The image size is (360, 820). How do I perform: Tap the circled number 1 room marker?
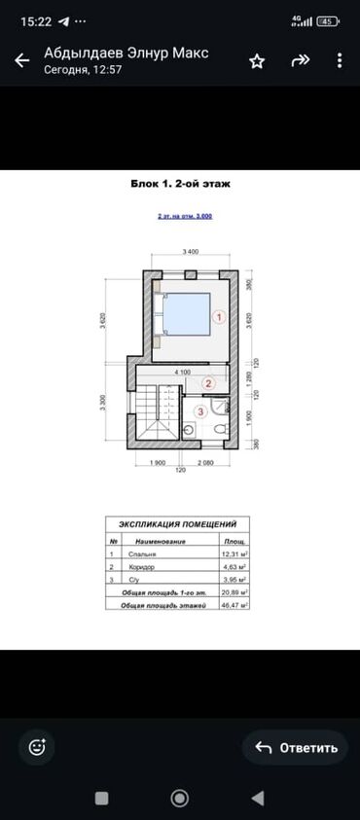tap(220, 316)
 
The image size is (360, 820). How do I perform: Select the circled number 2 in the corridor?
tap(206, 383)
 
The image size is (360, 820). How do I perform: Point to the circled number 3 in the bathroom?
tap(200, 411)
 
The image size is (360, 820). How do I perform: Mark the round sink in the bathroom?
tap(188, 428)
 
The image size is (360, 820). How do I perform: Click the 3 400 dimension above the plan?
tap(191, 252)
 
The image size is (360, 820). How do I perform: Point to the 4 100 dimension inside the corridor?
tap(182, 373)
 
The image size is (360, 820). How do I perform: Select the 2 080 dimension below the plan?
tap(203, 463)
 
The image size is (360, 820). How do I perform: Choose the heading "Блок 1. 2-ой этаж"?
tap(179, 182)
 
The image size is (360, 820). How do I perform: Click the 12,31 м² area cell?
tap(234, 553)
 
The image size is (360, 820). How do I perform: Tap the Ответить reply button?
tap(295, 747)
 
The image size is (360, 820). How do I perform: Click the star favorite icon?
tap(257, 60)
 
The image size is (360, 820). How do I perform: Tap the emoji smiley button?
tap(38, 747)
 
